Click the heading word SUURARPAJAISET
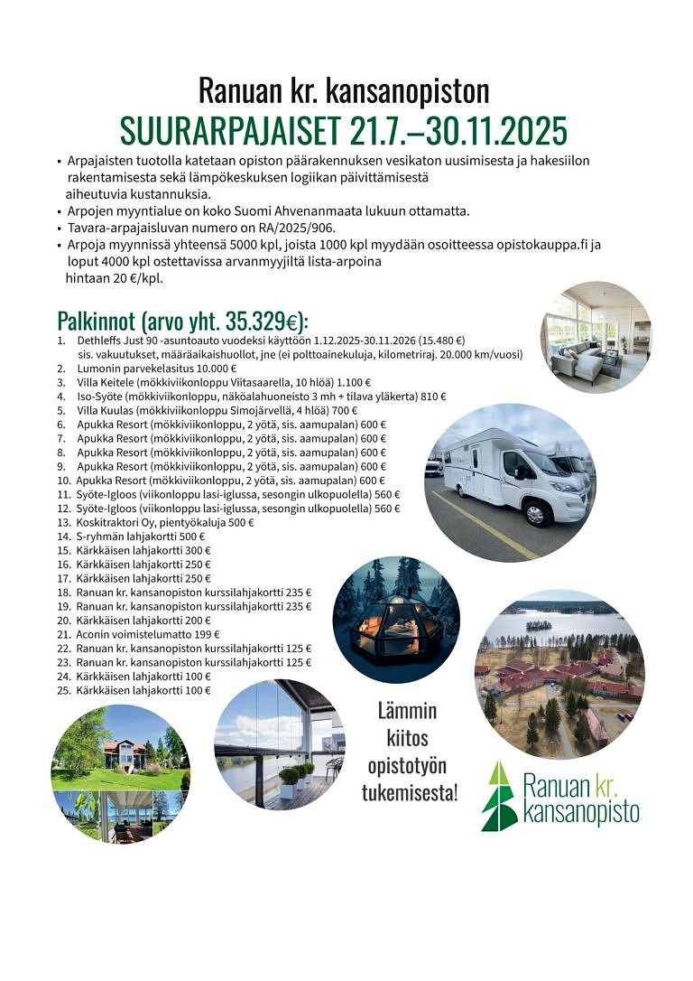coord(230,130)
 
